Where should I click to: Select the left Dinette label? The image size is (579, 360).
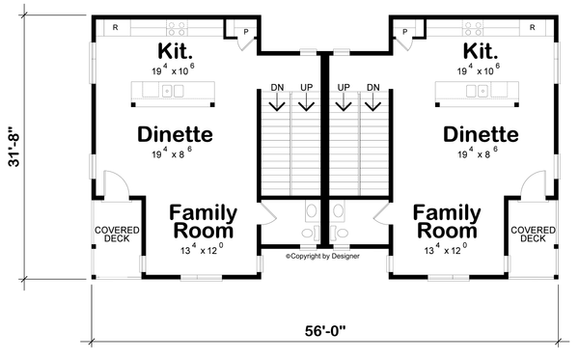point(174,134)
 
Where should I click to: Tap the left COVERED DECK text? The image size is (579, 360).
point(117,234)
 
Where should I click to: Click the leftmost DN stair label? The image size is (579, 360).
point(277,88)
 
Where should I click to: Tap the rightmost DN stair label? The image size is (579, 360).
point(373,88)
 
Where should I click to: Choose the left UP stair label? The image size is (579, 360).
point(307,88)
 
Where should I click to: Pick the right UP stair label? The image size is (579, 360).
point(343,88)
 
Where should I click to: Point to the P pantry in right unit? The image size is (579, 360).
point(405,33)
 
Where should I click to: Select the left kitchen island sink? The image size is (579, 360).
point(172,92)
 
